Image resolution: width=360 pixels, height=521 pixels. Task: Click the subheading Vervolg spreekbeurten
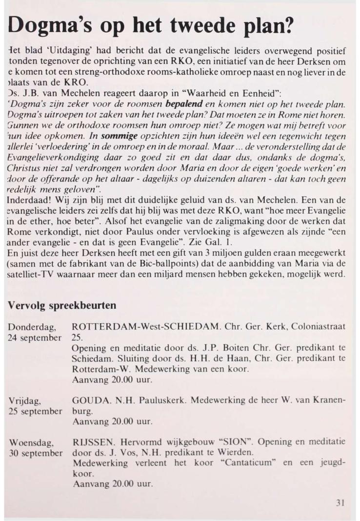coord(61,305)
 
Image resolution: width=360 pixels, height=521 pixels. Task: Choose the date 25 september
coord(36,411)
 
